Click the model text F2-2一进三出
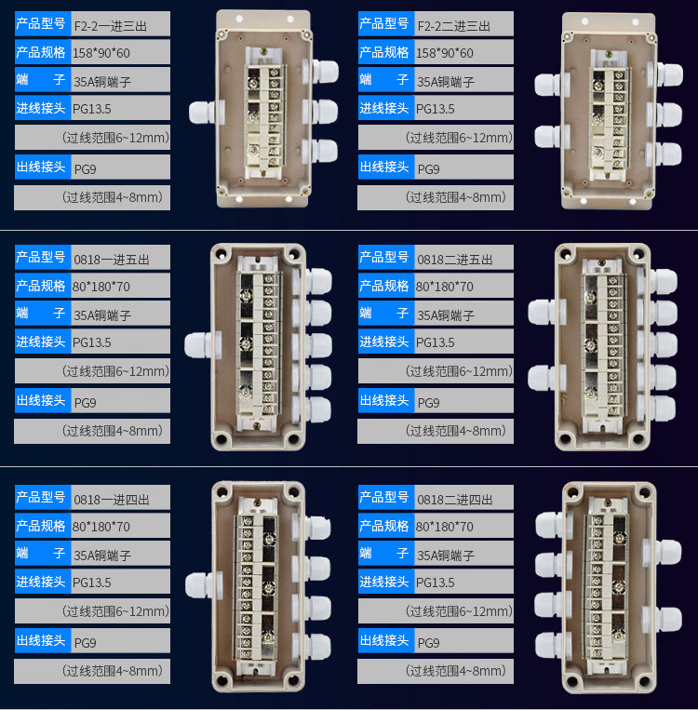[x=110, y=26]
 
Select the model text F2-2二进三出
[x=453, y=26]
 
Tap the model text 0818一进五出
[x=112, y=260]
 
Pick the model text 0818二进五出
[x=455, y=260]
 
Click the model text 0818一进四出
[x=112, y=500]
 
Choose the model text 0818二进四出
[x=455, y=500]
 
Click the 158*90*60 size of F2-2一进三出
[x=101, y=53]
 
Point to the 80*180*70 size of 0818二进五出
[x=444, y=287]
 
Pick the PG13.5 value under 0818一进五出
[x=91, y=342]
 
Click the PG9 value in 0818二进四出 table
[x=428, y=642]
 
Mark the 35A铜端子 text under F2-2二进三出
[x=446, y=82]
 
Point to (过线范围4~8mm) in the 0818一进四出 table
[x=113, y=671]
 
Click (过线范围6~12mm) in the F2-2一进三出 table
[x=116, y=137]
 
